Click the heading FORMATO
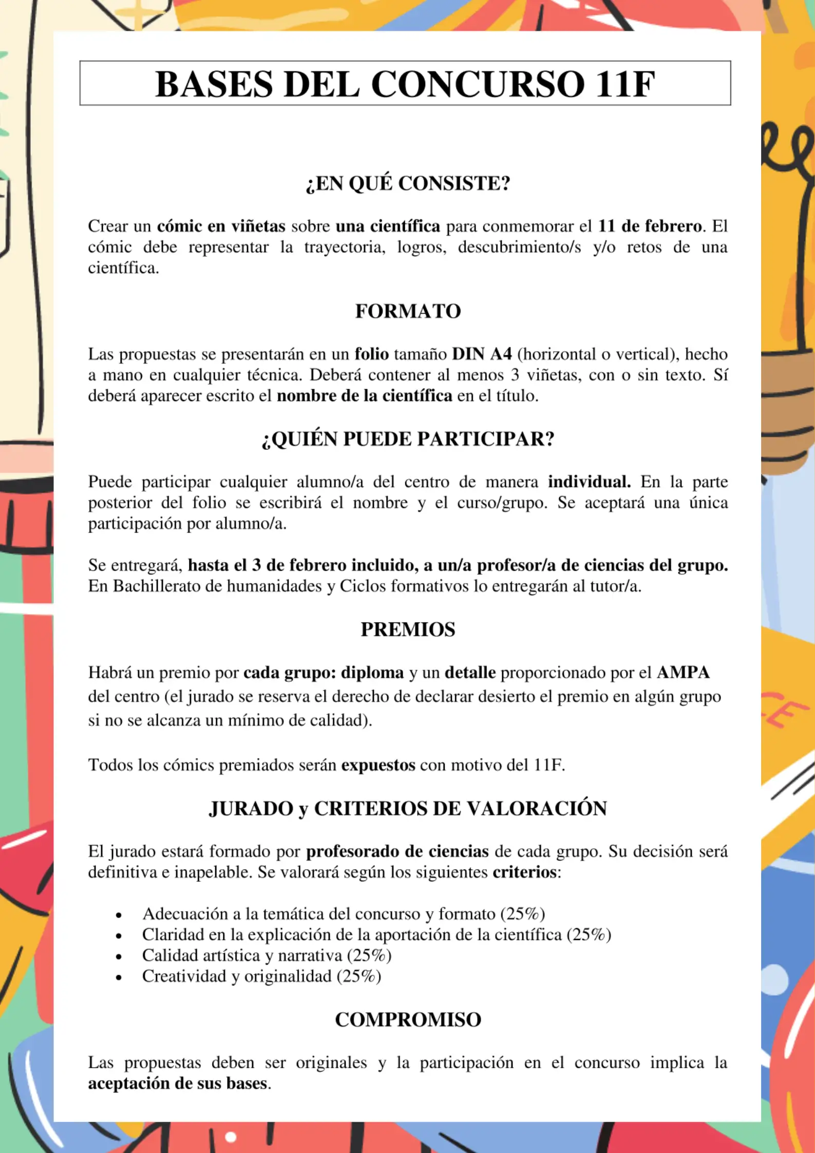click(x=408, y=311)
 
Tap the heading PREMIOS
click(x=408, y=630)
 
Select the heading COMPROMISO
click(x=408, y=1019)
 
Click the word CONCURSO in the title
click(x=478, y=84)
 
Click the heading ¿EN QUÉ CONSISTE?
click(x=408, y=183)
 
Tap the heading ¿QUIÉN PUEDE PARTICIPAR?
click(x=408, y=439)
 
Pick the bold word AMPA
click(x=683, y=673)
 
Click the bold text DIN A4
click(x=482, y=354)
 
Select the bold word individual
click(x=589, y=482)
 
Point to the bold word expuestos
click(x=378, y=765)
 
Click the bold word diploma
click(x=372, y=673)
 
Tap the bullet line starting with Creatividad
click(x=261, y=976)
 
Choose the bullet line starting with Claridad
click(x=376, y=934)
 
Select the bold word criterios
click(x=524, y=872)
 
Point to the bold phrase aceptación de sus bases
click(x=178, y=1083)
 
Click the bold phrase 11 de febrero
click(x=650, y=226)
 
